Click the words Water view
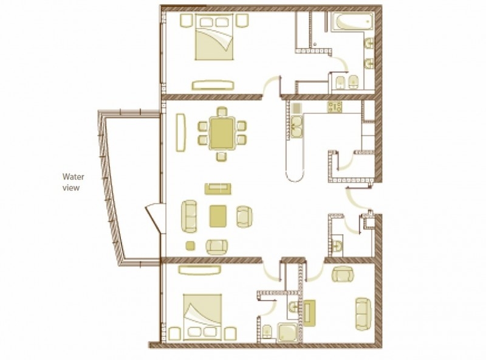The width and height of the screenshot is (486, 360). [x=73, y=182]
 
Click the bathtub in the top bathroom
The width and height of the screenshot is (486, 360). [x=352, y=22]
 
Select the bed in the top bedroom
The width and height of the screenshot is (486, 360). [x=214, y=36]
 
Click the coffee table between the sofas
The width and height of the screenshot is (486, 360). [x=218, y=216]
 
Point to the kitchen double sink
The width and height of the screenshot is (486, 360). [x=296, y=126]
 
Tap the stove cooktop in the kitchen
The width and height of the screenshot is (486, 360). [x=335, y=107]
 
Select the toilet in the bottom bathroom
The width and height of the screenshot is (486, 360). [x=267, y=332]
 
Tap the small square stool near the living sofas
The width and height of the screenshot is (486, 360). [x=190, y=246]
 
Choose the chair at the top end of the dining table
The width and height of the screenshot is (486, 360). [x=222, y=111]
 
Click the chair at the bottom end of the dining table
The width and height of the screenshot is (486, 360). [x=222, y=156]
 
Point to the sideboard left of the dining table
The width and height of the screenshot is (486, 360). [x=180, y=133]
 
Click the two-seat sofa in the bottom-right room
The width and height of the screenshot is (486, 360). [x=363, y=314]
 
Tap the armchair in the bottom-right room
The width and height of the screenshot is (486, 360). [x=343, y=274]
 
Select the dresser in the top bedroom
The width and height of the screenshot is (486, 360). [x=213, y=85]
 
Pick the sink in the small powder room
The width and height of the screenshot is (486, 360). [x=337, y=246]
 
